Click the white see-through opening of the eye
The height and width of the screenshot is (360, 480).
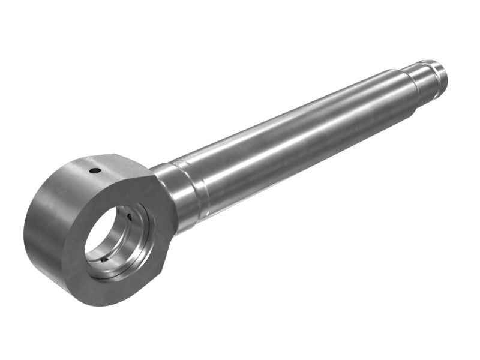pos(99,234)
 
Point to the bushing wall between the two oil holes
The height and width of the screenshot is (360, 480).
pos(123,237)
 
